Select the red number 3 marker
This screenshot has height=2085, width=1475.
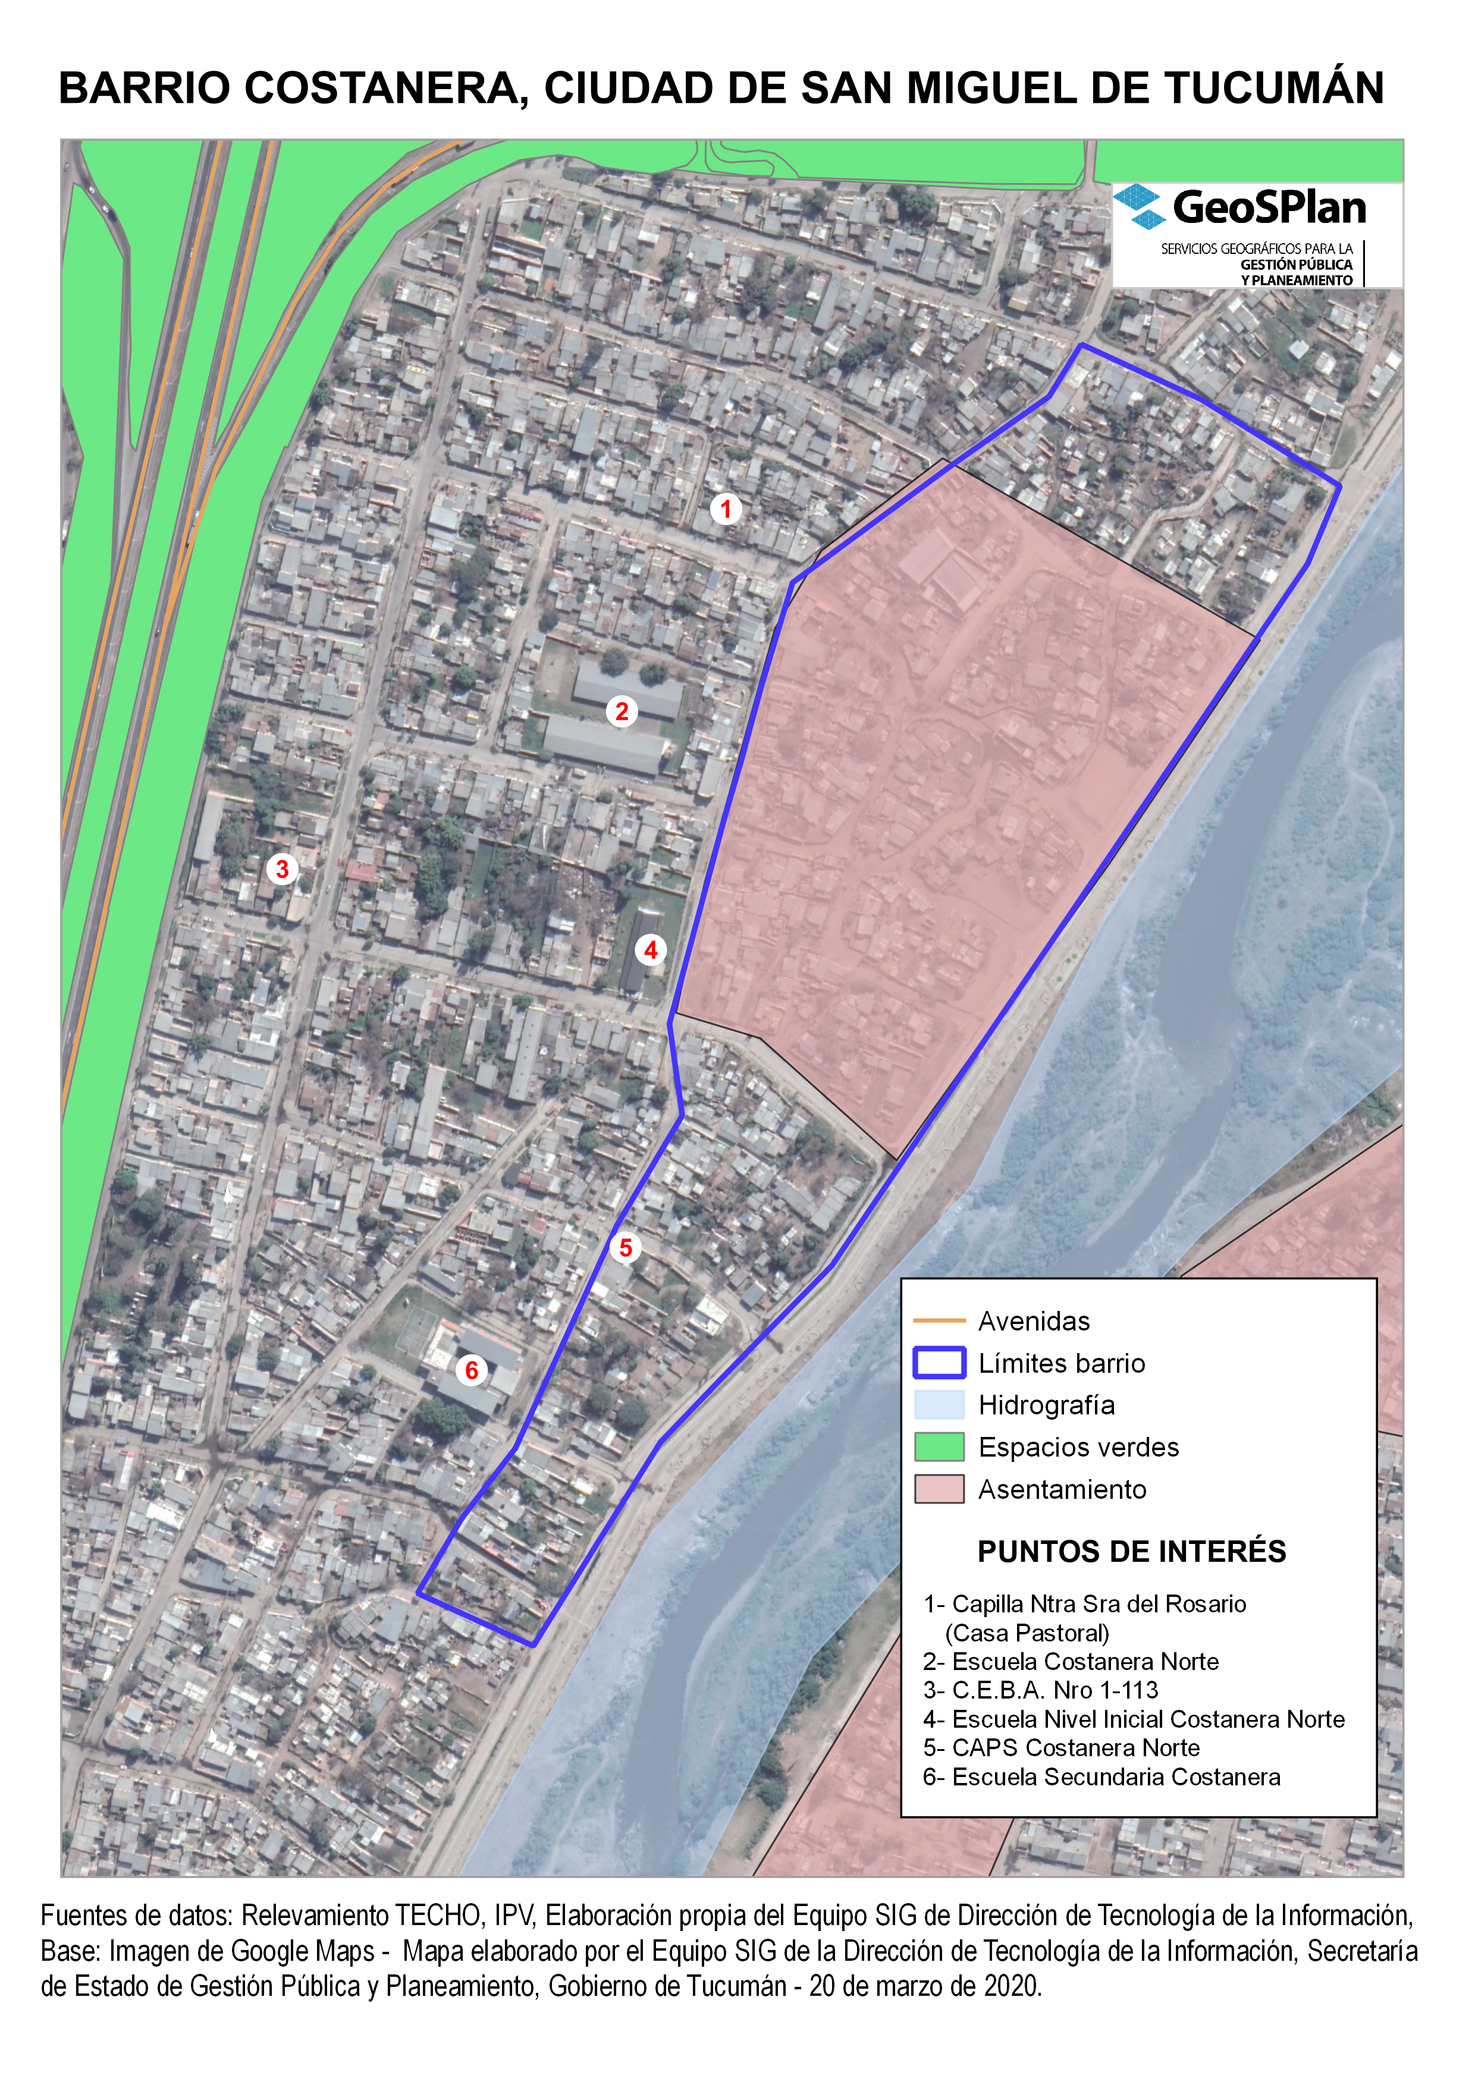coord(283,869)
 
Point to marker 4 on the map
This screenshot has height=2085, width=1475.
coord(650,950)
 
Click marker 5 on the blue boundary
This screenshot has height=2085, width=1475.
coord(625,1248)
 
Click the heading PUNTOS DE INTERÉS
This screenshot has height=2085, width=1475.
coord(1132,1551)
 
